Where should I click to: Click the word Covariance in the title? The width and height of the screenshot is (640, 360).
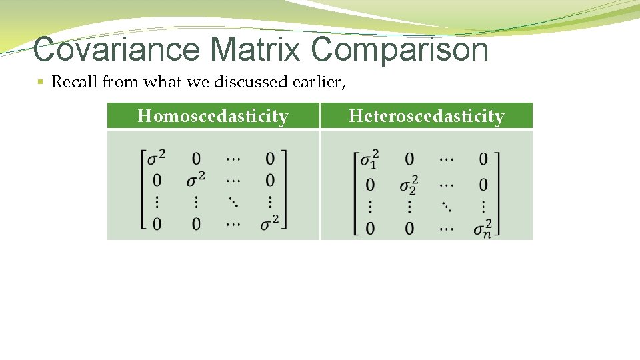115,49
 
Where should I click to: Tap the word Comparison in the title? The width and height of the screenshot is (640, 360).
399,51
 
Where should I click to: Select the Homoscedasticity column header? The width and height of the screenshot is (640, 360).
213,117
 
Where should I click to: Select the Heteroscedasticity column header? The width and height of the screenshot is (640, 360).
427,117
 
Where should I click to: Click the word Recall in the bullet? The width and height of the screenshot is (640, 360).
74,82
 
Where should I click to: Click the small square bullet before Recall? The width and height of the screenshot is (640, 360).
40,83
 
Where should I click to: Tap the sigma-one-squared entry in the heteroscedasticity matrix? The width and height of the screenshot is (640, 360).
369,159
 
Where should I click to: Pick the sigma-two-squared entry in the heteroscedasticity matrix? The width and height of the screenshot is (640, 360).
409,183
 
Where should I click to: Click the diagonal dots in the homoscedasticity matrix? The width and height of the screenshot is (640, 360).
233,201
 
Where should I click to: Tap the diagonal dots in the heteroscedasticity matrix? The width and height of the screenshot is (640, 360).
445,206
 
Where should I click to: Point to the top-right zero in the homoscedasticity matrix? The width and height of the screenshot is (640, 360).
269,159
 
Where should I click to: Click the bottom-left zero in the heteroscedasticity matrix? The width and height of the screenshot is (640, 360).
369,229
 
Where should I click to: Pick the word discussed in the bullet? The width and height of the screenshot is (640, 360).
249,82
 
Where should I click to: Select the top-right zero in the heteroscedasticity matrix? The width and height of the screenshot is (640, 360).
483,159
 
